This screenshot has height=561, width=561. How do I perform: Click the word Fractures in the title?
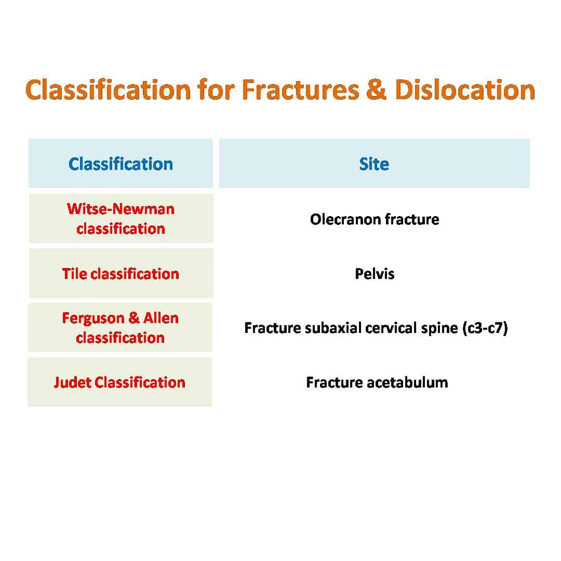coord(300,89)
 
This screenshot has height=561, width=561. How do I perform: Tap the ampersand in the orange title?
coord(377,89)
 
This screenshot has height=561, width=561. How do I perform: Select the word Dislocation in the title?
coord(465,89)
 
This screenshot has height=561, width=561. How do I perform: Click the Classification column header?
coord(121,164)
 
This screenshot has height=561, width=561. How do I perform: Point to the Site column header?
coord(374,164)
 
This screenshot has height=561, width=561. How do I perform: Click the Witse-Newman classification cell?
coord(121,219)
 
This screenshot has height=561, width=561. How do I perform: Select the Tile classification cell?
coord(121,273)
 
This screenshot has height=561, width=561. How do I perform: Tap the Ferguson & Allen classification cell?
coord(120,328)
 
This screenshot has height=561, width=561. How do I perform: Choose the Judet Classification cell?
coord(120,382)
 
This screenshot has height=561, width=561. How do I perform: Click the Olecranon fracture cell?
coord(375,219)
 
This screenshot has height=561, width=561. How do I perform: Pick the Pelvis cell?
coord(375,274)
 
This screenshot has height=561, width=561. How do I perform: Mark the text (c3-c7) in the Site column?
coord(485,328)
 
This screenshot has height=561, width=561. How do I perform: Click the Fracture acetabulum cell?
coord(377,382)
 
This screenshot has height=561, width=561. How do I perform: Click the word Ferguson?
coord(93,318)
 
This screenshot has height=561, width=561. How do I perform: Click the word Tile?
coord(74,274)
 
